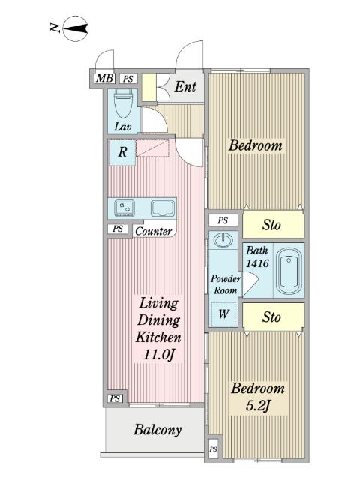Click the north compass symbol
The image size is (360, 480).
[x=76, y=29]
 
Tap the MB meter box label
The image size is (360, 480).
[x=105, y=78]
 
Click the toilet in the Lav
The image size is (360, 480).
[x=123, y=103]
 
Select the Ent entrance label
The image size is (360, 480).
[x=185, y=86]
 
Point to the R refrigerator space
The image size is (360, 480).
[x=122, y=152]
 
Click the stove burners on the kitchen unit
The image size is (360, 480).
[x=124, y=208]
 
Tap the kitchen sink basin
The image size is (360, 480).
[x=162, y=208]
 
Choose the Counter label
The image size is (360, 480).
[x=153, y=231]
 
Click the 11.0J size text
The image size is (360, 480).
[x=159, y=355]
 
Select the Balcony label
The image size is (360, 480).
[x=157, y=430]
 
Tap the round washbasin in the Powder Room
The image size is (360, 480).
[x=223, y=240]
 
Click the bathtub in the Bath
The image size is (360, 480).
[x=289, y=271]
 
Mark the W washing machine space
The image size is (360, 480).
[x=223, y=313]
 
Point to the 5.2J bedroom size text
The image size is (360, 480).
[x=258, y=406]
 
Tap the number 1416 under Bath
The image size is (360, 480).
[x=257, y=263]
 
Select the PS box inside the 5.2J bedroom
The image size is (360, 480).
[x=213, y=449]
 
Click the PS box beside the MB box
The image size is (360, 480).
[x=128, y=79]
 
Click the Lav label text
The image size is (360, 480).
[x=123, y=127]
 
